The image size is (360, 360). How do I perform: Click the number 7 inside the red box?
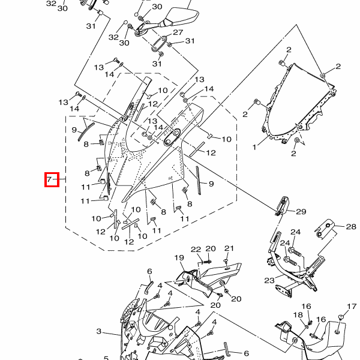tap(49, 179)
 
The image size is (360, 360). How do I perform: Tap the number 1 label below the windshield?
tap(254, 147)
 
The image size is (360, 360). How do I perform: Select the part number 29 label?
tap(301, 211)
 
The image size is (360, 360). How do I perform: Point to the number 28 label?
tap(351, 227)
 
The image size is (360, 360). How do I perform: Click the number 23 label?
tap(269, 280)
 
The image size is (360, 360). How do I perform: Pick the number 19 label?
tap(179, 257)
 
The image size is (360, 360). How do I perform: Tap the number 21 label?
tap(229, 248)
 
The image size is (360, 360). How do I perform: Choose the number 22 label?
tap(196, 250)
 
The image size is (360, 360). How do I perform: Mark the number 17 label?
tap(352, 307)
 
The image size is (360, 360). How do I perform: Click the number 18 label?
tap(298, 315)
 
